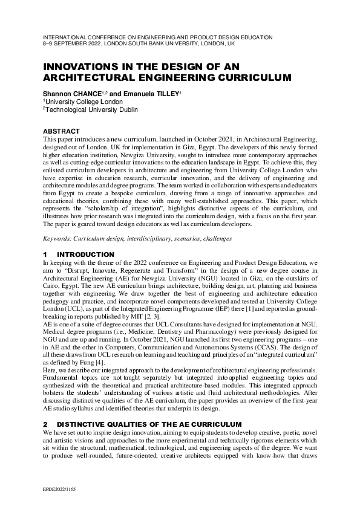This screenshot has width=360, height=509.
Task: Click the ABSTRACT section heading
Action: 61,131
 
